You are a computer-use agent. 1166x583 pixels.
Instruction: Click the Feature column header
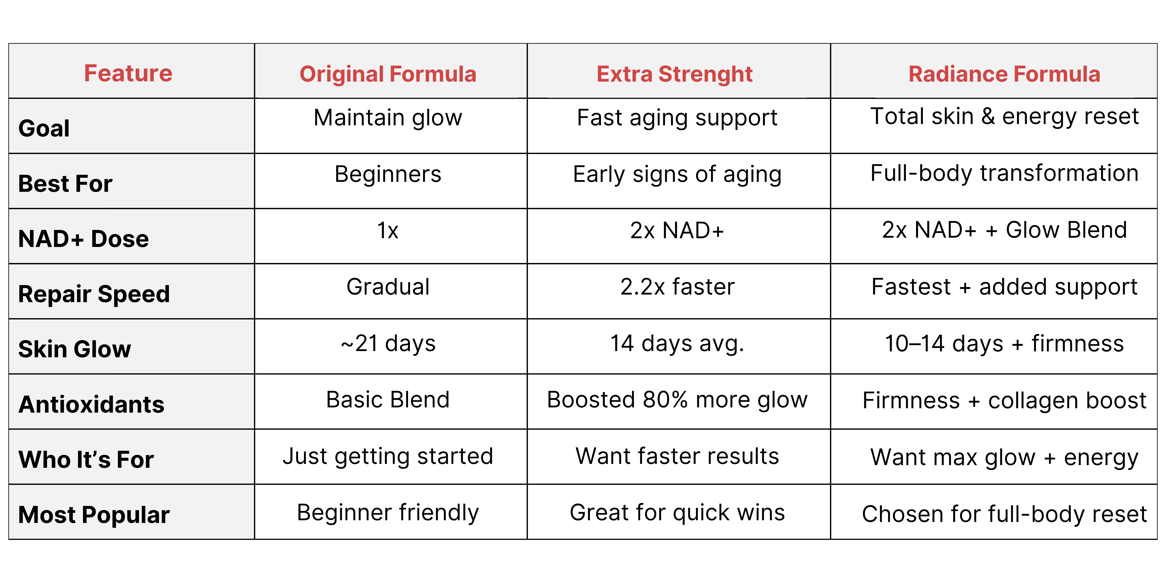tap(128, 73)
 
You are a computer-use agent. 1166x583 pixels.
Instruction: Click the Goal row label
tap(44, 128)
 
